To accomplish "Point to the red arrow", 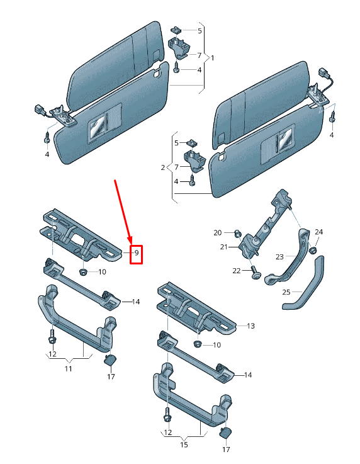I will pyautogui.click(x=123, y=210).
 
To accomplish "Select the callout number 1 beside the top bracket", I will pyautogui.click(x=212, y=58).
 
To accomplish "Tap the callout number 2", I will pyautogui.click(x=163, y=167).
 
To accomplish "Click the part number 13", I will pyautogui.click(x=250, y=326).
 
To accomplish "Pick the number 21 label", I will pyautogui.click(x=223, y=247).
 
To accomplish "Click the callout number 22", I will pyautogui.click(x=237, y=271).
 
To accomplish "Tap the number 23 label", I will pyautogui.click(x=279, y=256).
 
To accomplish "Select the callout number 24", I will pyautogui.click(x=318, y=232).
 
